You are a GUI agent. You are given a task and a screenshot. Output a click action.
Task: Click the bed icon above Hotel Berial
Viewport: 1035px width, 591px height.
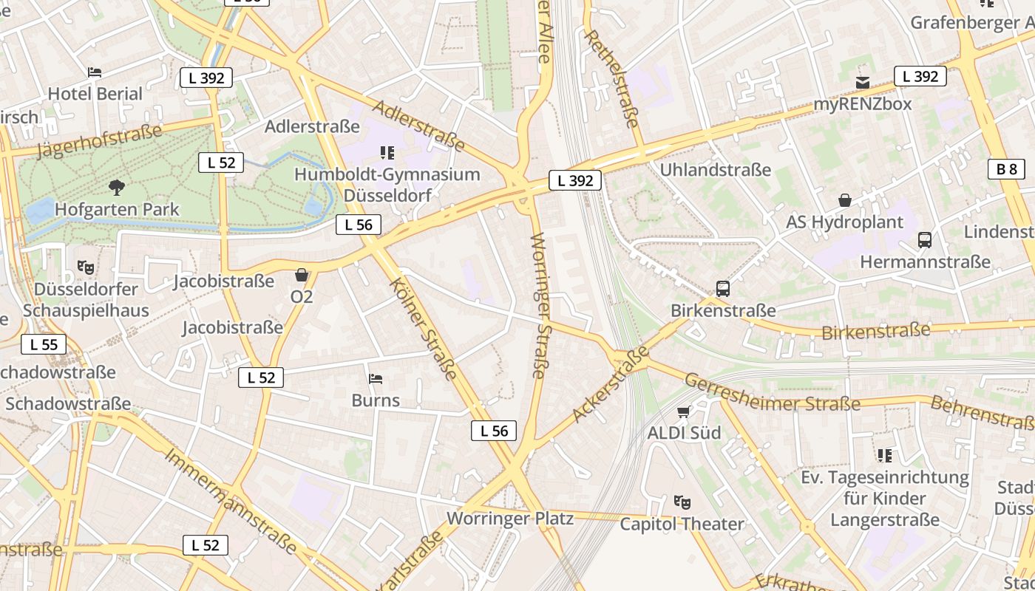click(95, 72)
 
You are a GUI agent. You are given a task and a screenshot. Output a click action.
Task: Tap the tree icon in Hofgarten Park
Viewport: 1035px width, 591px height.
click(116, 188)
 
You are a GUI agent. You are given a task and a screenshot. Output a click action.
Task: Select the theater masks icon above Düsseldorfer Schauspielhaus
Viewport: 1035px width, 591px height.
click(86, 267)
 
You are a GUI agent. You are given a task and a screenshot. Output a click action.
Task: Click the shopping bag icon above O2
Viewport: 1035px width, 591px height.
click(302, 276)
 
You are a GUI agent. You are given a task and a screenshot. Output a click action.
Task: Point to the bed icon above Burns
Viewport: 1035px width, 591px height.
click(376, 379)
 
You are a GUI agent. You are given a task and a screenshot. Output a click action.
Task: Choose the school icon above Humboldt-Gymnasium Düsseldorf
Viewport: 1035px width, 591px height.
click(387, 153)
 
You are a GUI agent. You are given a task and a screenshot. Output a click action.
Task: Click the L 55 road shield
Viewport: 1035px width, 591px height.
click(44, 344)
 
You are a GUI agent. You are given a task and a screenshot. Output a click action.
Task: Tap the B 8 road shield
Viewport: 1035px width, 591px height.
click(1006, 169)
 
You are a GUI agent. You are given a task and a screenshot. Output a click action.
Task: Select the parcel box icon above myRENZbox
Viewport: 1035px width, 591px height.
click(863, 82)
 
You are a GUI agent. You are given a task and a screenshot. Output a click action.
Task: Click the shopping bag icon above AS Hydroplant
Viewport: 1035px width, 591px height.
click(844, 200)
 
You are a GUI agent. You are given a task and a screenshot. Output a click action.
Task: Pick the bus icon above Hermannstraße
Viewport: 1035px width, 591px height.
click(925, 240)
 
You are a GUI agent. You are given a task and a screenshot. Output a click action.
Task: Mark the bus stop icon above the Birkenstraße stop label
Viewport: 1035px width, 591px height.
click(723, 289)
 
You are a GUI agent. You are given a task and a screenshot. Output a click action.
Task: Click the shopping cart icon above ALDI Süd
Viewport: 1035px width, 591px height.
click(684, 411)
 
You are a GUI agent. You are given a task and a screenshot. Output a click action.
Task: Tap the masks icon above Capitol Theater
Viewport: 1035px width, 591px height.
click(682, 502)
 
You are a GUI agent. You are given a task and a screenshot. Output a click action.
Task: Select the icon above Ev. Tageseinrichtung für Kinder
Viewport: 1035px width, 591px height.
click(885, 456)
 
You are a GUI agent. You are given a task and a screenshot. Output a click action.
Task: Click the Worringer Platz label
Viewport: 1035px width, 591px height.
click(510, 519)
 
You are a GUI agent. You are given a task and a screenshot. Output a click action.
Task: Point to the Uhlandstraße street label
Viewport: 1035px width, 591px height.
click(715, 170)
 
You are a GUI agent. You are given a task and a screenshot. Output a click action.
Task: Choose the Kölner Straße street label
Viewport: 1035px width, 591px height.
click(422, 328)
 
